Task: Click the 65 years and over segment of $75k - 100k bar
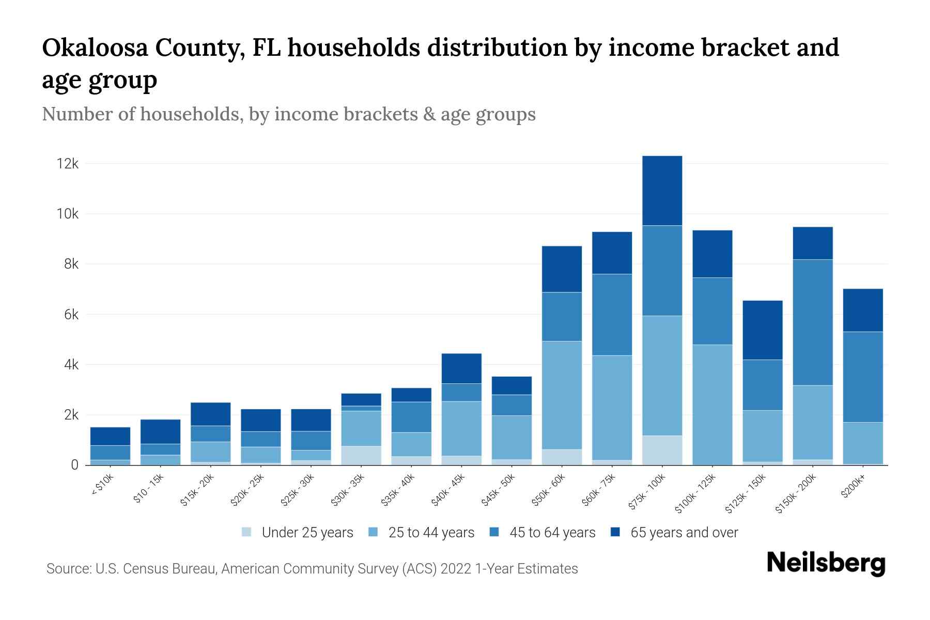(x=662, y=191)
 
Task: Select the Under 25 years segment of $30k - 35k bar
(x=361, y=455)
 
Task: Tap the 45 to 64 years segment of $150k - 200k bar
(x=813, y=322)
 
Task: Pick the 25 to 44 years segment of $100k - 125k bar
(x=712, y=405)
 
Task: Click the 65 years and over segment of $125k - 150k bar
(x=762, y=330)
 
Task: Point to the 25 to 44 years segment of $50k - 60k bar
(x=562, y=395)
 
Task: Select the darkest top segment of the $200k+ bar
(x=862, y=310)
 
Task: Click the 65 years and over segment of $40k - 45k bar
(x=461, y=368)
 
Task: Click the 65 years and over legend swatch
(x=615, y=532)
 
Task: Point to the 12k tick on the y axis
(x=68, y=164)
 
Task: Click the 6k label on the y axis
(x=71, y=315)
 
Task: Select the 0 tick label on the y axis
(x=74, y=465)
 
